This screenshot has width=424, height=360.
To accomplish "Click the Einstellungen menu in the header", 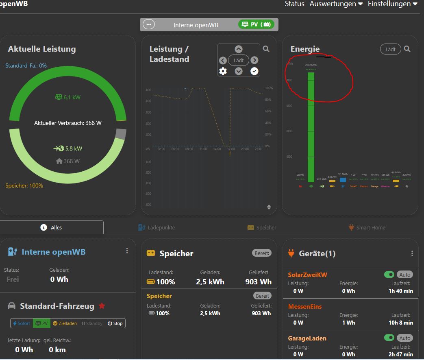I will (x=392, y=4).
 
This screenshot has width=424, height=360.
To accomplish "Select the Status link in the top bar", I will (x=294, y=4).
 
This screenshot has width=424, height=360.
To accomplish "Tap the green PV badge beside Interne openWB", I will (x=256, y=24).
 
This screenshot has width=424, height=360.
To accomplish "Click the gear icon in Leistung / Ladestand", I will (x=223, y=71).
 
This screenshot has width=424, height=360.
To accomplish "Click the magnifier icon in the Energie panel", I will (x=407, y=49).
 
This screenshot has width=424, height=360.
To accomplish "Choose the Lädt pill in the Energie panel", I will (x=390, y=49).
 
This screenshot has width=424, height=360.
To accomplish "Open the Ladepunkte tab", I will (x=157, y=227).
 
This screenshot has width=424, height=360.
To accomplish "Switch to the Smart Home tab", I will (x=367, y=227).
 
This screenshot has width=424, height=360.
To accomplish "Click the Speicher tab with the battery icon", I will (x=262, y=227).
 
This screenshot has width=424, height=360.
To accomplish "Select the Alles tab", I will (x=52, y=227).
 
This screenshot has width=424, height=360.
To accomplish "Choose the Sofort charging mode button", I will (x=22, y=323).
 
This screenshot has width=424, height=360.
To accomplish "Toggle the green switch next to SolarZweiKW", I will (x=389, y=275).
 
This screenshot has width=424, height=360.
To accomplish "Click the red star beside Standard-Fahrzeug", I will (x=102, y=306).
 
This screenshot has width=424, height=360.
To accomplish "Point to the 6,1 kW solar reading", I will (x=68, y=97).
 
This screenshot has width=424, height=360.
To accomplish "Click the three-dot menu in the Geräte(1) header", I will (x=412, y=253).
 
